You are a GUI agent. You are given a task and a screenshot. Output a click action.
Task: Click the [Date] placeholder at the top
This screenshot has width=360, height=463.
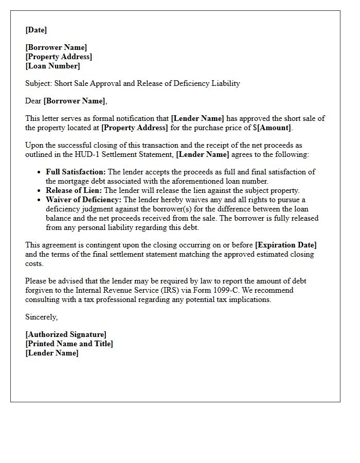(36, 30)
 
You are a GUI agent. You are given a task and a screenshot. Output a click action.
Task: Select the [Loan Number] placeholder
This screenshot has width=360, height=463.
(52, 66)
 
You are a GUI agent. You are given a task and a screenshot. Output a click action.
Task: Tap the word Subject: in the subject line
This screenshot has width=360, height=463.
(39, 83)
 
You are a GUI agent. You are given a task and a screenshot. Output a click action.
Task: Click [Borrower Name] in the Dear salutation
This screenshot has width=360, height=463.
(75, 101)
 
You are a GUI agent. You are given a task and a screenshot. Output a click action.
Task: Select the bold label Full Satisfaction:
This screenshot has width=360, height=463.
(76, 172)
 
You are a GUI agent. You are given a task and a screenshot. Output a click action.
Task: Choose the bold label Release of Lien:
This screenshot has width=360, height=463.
(74, 190)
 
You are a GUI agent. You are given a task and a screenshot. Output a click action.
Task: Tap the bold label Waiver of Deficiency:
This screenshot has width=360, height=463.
(83, 200)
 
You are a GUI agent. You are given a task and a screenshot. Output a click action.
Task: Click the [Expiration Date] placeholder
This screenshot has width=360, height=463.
(285, 245)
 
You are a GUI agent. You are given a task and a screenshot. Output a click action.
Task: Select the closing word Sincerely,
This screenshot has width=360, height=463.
(41, 317)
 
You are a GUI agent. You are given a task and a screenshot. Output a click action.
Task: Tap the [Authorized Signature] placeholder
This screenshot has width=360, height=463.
(66, 334)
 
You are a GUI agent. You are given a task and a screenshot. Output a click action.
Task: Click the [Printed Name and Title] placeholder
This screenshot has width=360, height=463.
(69, 344)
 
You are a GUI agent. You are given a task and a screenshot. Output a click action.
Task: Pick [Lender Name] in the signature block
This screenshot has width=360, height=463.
(52, 353)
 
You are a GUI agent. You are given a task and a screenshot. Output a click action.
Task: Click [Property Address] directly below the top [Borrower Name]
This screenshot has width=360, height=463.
(59, 57)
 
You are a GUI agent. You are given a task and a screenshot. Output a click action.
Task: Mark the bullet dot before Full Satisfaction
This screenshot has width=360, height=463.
(40, 172)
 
